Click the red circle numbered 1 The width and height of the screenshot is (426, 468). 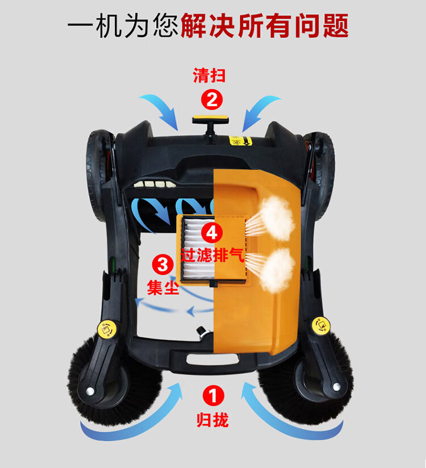[213, 396]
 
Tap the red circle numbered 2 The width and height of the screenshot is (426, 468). [212, 99]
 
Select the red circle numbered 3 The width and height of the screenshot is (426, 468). [163, 265]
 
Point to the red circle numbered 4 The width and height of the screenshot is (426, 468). [212, 232]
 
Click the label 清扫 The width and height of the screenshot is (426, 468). [209, 75]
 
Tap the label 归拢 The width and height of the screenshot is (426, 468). [212, 420]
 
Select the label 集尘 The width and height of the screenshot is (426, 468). [162, 287]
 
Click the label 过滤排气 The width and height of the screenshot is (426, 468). [213, 256]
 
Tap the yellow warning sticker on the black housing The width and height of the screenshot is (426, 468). [240, 141]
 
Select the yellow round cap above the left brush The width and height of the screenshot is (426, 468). [107, 329]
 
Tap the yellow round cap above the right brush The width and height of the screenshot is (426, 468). [321, 326]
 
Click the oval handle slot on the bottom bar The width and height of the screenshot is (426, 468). [212, 359]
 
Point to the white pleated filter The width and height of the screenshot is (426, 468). [199, 248]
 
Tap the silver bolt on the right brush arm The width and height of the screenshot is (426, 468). [336, 387]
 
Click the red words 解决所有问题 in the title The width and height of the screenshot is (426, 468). [265, 25]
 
